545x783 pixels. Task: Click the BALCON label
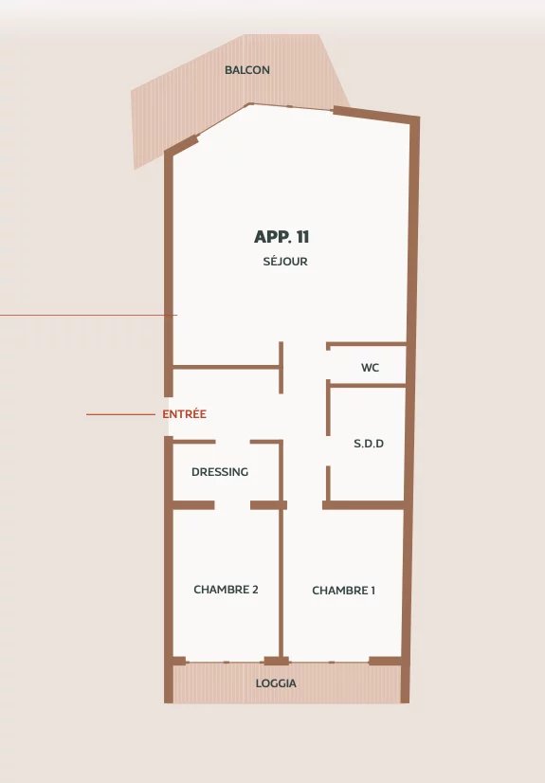coord(247,70)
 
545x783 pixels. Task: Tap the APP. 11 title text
coord(282,237)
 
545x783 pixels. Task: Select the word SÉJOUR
coord(285,262)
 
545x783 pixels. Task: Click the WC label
coord(370,368)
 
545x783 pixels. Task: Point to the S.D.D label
coord(369,444)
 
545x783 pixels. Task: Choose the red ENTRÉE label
coord(184,414)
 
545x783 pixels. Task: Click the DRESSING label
coord(220,472)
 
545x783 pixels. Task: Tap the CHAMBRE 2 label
coord(226,590)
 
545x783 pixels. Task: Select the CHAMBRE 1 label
coord(343,591)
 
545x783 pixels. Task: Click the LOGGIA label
coord(276,683)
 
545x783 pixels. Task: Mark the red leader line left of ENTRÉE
coord(120,414)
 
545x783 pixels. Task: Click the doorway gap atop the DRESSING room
coord(232,442)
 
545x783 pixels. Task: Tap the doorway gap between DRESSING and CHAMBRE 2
coord(232,505)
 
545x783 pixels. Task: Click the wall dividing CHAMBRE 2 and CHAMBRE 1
coord(281,583)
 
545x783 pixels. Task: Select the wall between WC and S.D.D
coord(368,385)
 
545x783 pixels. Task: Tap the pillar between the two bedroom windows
coord(276,661)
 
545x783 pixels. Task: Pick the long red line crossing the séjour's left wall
coord(88,315)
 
